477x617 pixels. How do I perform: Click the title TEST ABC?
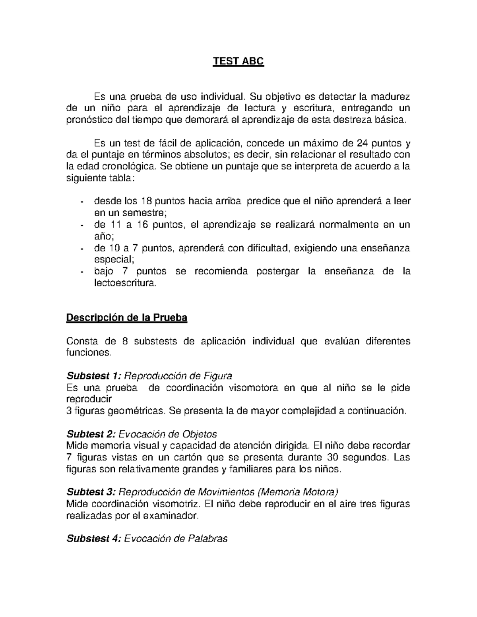238,62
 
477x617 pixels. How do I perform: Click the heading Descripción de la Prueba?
126,318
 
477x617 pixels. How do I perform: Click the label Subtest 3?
91,492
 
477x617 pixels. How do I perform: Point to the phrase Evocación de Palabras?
176,539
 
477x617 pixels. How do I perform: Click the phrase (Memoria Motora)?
298,492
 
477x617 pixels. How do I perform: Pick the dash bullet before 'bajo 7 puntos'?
81,272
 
